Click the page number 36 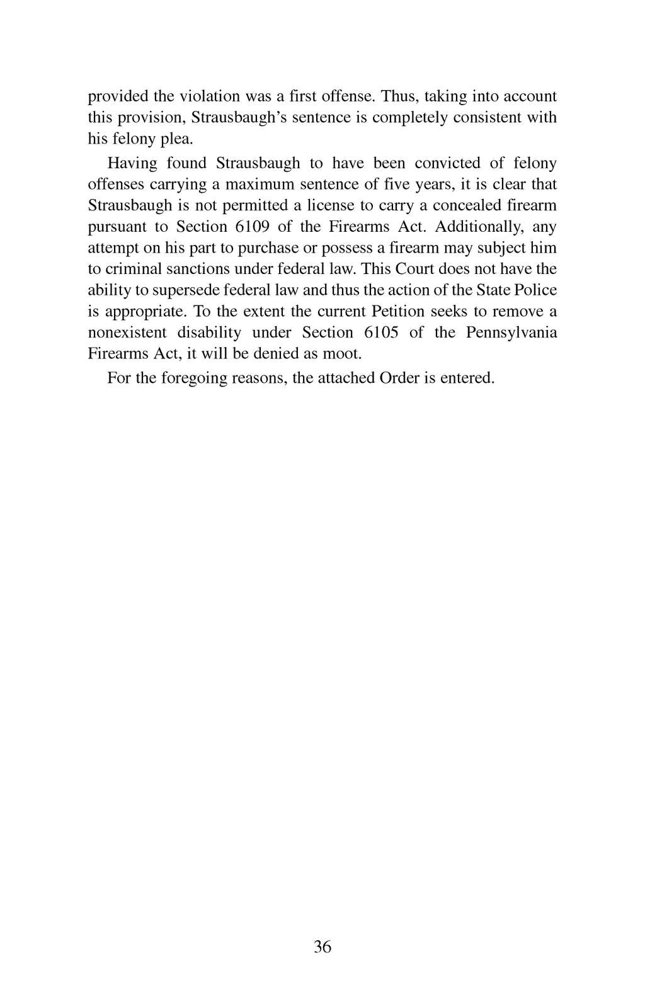(x=322, y=947)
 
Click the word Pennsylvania (x=511, y=333)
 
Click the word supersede (x=187, y=290)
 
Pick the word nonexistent (x=127, y=333)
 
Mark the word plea (x=178, y=139)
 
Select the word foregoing (x=191, y=378)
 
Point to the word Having (x=132, y=164)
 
